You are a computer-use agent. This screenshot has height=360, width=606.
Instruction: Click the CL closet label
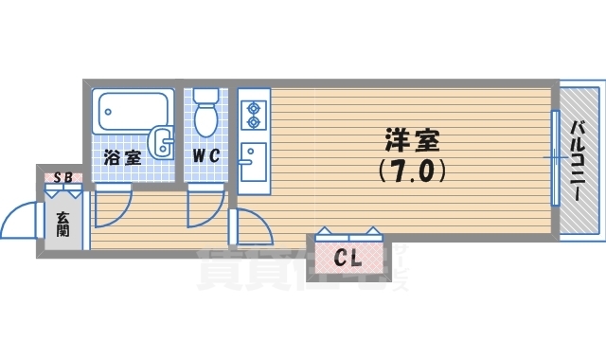tap(348, 257)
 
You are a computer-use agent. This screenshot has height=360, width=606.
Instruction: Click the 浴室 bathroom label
tap(122, 157)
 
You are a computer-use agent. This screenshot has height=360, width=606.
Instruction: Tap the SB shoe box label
tap(62, 176)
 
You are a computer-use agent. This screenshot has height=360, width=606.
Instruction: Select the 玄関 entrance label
tap(62, 225)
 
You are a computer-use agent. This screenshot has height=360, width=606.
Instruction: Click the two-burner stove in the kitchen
tap(254, 115)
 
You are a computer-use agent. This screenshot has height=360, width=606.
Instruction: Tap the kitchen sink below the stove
tap(253, 161)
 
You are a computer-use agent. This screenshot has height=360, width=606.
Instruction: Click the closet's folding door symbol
tap(348, 231)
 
